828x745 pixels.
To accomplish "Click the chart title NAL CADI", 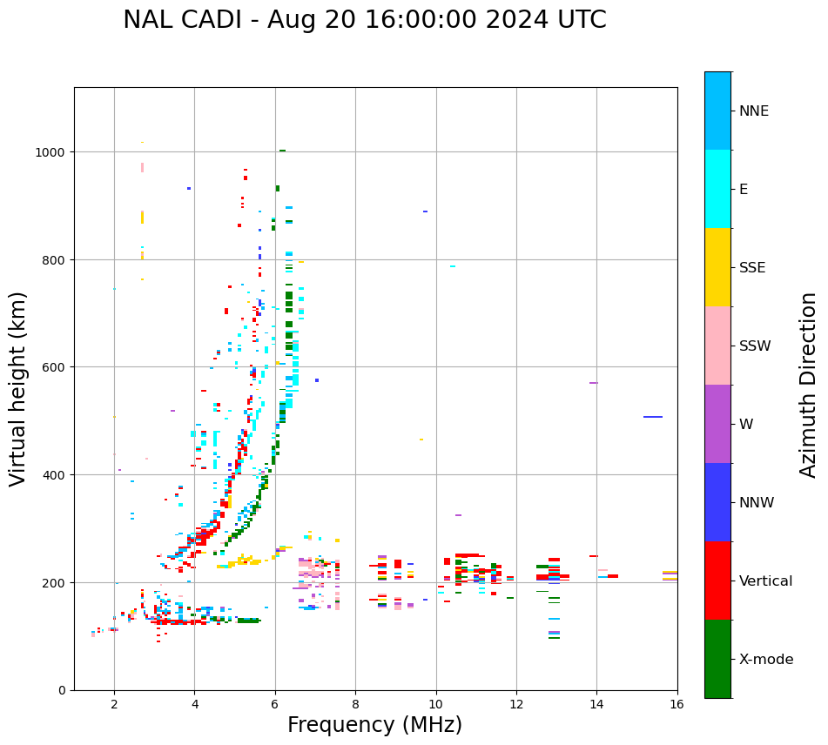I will pos(364,20).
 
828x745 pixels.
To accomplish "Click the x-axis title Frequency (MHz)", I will pos(374,725).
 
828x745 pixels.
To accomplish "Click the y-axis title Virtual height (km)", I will pos(18,388).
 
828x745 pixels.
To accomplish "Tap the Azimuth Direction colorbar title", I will pos(809,385).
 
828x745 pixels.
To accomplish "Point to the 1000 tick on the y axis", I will pos(52,152).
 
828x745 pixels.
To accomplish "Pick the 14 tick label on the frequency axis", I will pos(596,706).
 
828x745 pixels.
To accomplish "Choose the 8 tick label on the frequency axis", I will pos(355,706).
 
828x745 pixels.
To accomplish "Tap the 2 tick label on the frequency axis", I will pos(114,706).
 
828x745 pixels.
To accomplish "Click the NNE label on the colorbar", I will pos(754,111).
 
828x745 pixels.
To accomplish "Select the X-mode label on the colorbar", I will pos(766,660).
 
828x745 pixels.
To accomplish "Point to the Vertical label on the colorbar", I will pos(766,581).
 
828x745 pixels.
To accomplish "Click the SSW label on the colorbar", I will pos(755,346).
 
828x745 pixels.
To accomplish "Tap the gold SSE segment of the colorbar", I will pos(717,267).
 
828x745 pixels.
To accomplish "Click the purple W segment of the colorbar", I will pos(717,424).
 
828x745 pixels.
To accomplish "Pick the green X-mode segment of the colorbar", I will pos(717,659).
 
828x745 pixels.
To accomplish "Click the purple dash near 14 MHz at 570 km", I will pos(594,383).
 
